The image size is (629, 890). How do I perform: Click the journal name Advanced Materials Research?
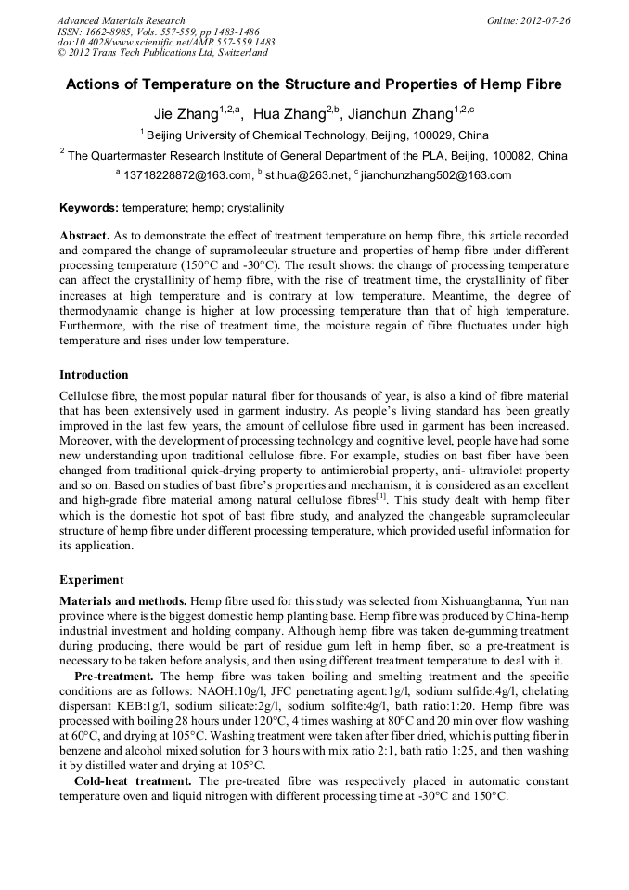(x=121, y=20)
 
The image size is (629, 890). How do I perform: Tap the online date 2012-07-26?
(x=545, y=20)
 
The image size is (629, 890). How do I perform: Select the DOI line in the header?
(x=166, y=42)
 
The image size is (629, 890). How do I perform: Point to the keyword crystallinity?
(x=252, y=209)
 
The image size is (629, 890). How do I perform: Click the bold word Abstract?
(x=84, y=237)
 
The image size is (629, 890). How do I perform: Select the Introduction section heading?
(x=94, y=375)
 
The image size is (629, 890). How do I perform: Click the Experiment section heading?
(x=91, y=580)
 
